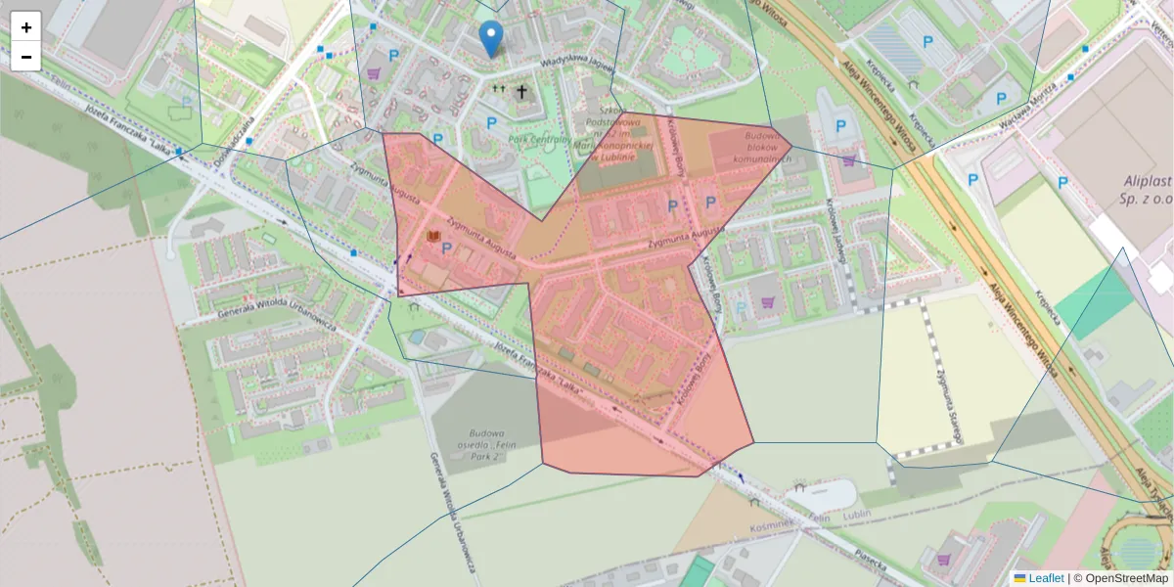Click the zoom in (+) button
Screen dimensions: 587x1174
click(26, 27)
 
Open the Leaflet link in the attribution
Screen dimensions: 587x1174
click(1045, 578)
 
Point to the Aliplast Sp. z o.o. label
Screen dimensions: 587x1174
click(1135, 189)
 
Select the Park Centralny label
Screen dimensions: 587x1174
click(539, 140)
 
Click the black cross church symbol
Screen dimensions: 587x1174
click(522, 92)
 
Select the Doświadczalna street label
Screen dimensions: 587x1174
click(236, 142)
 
